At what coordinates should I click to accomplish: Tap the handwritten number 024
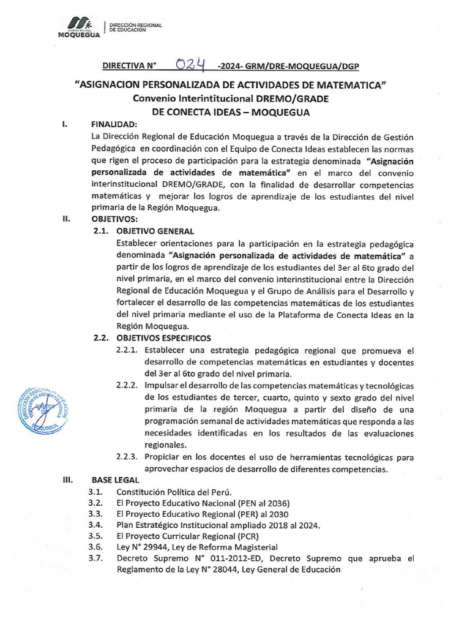[190, 64]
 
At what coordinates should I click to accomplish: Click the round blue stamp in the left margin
[41, 410]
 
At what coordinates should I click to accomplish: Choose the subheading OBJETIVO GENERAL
[155, 231]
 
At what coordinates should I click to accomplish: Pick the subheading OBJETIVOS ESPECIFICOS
[163, 338]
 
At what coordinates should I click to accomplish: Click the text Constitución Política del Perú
[174, 492]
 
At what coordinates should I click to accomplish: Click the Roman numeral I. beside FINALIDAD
[65, 124]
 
